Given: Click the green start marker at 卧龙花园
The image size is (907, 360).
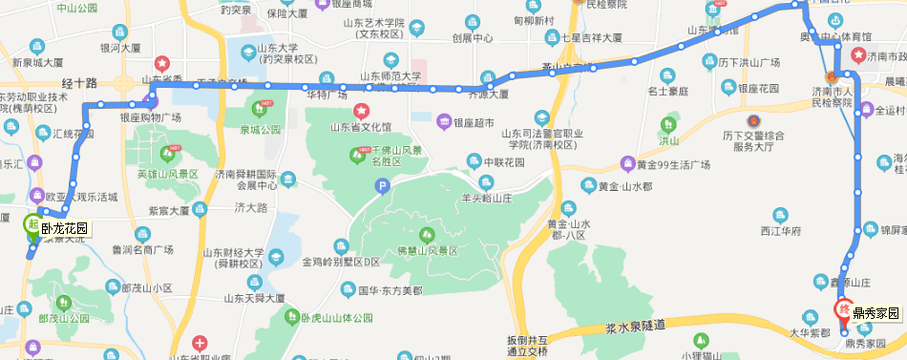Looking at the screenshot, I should pyautogui.click(x=32, y=225).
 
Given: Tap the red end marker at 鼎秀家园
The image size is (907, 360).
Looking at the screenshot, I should pyautogui.click(x=844, y=309).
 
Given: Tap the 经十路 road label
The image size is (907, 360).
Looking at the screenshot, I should pyautogui.click(x=79, y=84).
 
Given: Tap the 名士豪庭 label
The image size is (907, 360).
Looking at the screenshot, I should pyautogui.click(x=668, y=92).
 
